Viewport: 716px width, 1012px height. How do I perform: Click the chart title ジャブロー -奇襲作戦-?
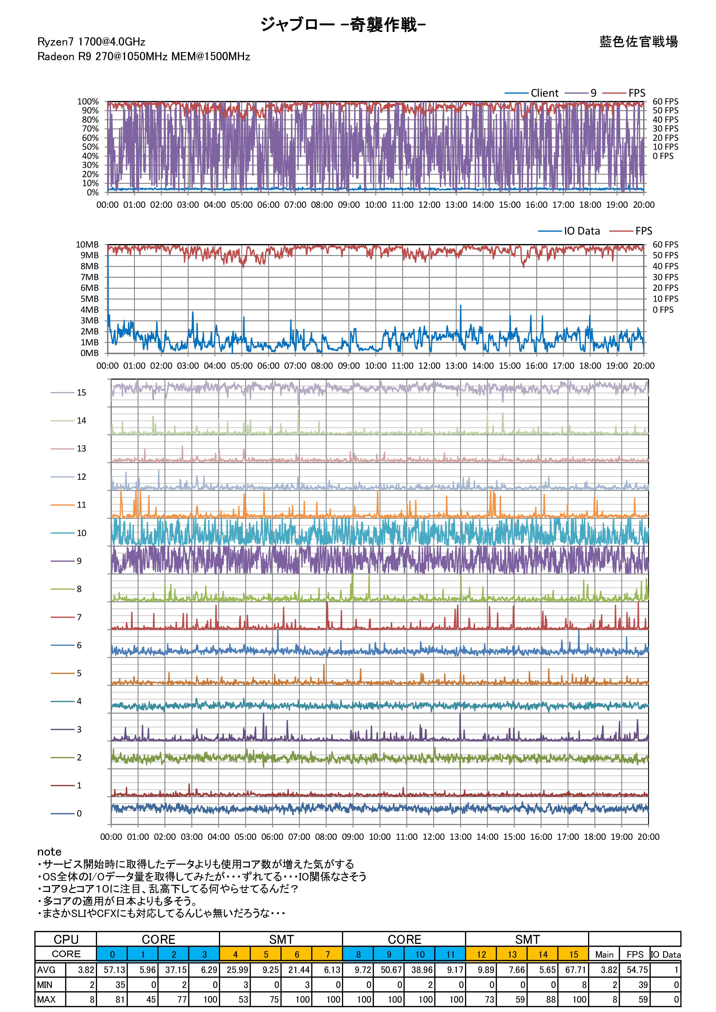(343, 25)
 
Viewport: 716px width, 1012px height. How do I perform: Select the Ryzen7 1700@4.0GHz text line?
(91, 42)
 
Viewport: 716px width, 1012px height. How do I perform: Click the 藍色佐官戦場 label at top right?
(638, 42)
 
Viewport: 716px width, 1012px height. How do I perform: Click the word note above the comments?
(49, 852)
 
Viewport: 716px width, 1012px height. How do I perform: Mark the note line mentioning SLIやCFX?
(161, 913)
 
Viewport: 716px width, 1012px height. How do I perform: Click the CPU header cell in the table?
(66, 939)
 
